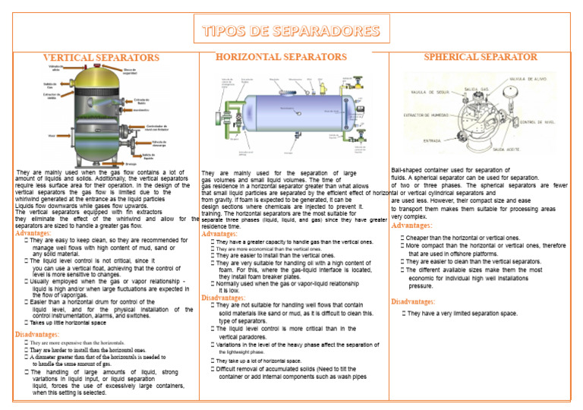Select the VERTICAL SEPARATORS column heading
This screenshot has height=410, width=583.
click(x=101, y=58)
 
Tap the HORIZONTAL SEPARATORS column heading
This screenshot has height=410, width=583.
click(x=281, y=57)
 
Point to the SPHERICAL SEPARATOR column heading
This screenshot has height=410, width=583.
click(x=480, y=57)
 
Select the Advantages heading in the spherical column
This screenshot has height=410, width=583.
click(x=411, y=225)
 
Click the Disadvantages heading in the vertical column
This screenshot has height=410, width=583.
click(x=37, y=334)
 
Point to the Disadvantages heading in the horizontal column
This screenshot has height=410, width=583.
click(x=222, y=298)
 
